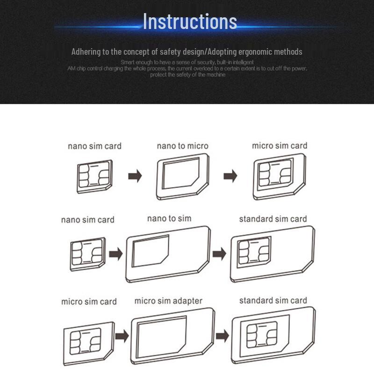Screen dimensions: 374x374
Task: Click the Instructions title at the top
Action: (x=190, y=22)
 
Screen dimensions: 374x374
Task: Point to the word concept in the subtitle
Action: (x=142, y=52)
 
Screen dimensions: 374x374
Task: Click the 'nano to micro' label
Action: (x=182, y=146)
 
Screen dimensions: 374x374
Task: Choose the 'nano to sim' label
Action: (x=169, y=218)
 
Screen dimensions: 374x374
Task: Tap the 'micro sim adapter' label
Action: (x=168, y=301)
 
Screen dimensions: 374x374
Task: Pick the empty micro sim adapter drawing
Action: (x=173, y=336)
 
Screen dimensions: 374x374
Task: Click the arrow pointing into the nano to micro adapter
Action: (x=135, y=176)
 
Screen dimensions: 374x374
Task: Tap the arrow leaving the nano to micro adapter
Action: (x=230, y=176)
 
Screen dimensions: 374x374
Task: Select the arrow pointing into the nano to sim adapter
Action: (x=115, y=254)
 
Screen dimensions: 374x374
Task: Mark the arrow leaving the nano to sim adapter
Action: (x=219, y=254)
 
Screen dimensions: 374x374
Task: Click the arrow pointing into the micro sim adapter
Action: (x=122, y=336)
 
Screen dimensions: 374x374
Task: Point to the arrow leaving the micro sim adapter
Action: (x=223, y=336)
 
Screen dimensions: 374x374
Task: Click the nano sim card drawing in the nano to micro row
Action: (x=94, y=177)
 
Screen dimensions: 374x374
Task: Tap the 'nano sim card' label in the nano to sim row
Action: (x=87, y=220)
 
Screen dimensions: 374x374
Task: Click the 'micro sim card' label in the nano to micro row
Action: (x=280, y=146)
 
